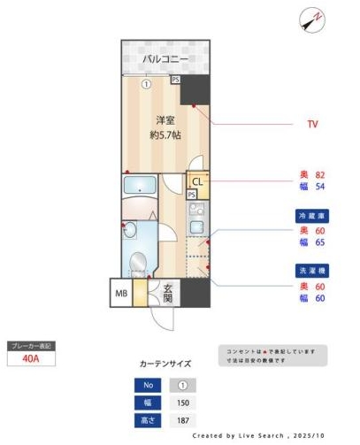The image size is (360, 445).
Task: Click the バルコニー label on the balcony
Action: tap(165, 59)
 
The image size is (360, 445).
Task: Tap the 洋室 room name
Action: tap(165, 119)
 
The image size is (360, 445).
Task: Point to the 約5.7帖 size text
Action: tap(165, 135)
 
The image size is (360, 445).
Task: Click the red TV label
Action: tap(311, 125)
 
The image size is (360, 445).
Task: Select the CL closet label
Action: tap(197, 182)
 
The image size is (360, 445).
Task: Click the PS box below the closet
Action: tap(192, 196)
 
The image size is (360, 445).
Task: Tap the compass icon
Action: tap(311, 19)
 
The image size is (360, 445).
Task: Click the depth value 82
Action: tap(320, 176)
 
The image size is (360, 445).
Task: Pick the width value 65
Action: tap(320, 242)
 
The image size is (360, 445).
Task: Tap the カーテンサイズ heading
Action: tap(165, 364)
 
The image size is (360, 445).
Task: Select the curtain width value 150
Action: tap(182, 402)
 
